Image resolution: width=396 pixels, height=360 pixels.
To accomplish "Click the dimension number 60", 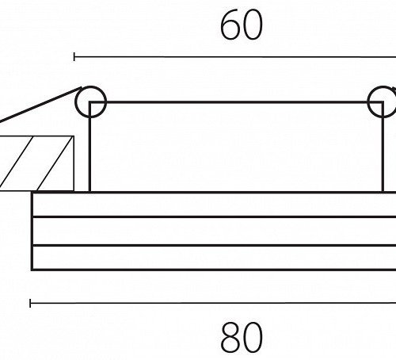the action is [242, 25].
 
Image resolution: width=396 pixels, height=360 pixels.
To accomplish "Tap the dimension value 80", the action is [242, 338].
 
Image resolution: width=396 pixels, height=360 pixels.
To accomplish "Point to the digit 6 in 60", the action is [230, 25].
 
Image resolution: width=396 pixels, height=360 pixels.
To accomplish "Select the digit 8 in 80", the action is [230, 338].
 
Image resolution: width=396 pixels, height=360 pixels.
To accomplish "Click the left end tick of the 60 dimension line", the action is [74, 57].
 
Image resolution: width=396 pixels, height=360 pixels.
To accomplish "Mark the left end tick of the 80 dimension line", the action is [30, 303].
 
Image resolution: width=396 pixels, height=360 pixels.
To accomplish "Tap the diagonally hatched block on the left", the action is [37, 163].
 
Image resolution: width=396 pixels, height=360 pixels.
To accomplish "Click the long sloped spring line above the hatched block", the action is [40, 105].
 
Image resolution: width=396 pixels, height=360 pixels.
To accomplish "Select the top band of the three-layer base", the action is [214, 205].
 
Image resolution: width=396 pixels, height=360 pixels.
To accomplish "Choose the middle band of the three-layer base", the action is [214, 232].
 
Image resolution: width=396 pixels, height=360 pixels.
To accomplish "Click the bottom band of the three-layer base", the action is [214, 258].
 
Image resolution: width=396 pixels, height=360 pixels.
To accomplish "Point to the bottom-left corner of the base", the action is [32, 270].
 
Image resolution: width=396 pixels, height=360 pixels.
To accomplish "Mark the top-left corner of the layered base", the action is [32, 193].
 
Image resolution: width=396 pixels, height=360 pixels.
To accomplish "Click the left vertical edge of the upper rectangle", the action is [90, 147].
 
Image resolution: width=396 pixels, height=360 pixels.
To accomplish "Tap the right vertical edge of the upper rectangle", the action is [383, 147].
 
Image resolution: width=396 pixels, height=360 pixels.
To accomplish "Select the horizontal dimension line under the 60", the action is [235, 57].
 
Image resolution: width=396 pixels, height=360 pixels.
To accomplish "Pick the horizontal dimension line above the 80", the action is [213, 303].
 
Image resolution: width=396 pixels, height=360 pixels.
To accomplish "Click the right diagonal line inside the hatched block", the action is [55, 163].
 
